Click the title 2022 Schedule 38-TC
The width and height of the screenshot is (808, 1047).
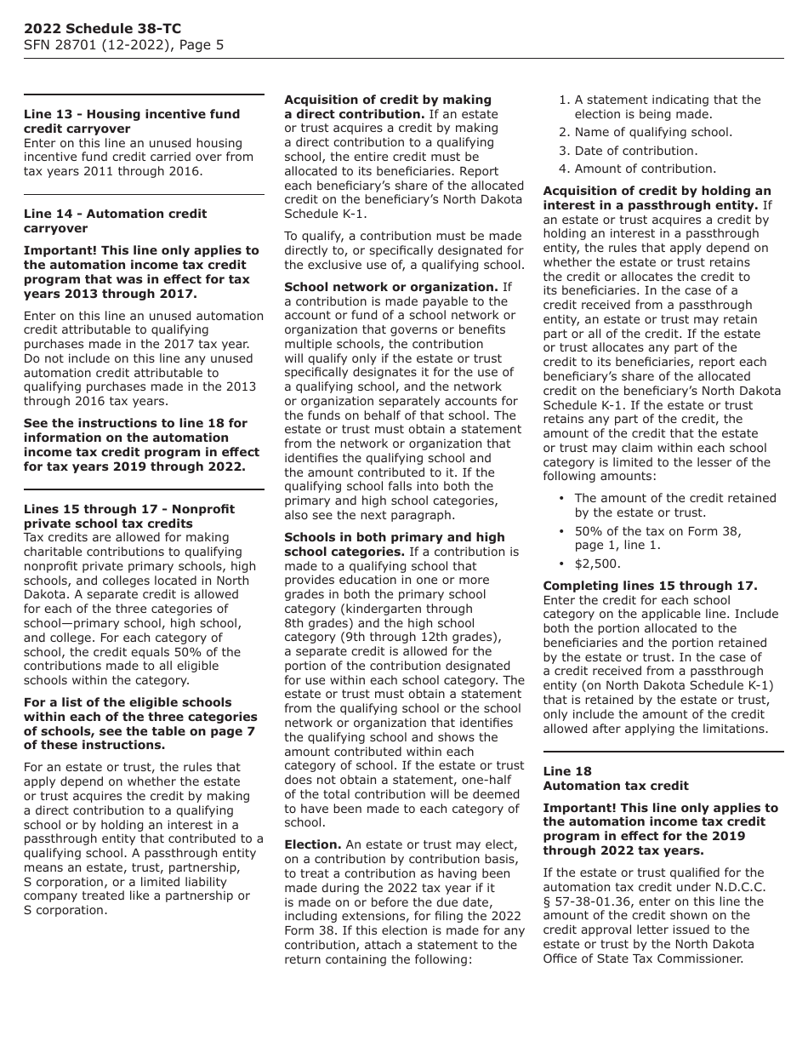(102, 29)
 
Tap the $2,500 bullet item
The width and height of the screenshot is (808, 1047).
(597, 564)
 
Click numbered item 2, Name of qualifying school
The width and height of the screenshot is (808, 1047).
(652, 132)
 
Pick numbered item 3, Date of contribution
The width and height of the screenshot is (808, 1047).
(634, 151)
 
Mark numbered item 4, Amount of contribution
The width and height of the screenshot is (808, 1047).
(644, 169)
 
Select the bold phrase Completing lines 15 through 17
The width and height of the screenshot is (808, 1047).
(650, 586)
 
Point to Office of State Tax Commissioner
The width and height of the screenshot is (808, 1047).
(643, 958)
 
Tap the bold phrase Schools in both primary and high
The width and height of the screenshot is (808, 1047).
(394, 537)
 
